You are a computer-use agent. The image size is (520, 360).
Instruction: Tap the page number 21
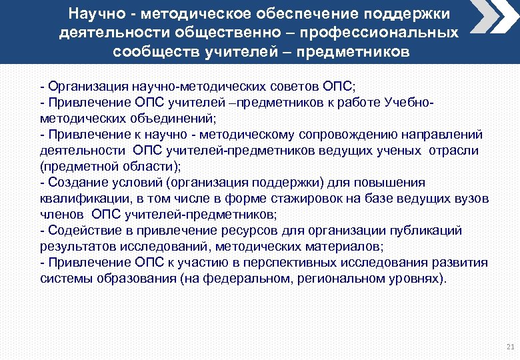pyautogui.click(x=510, y=347)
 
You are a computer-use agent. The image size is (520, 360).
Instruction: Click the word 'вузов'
pyautogui.click(x=473, y=199)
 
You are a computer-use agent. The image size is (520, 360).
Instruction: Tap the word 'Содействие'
pyautogui.click(x=81, y=231)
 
